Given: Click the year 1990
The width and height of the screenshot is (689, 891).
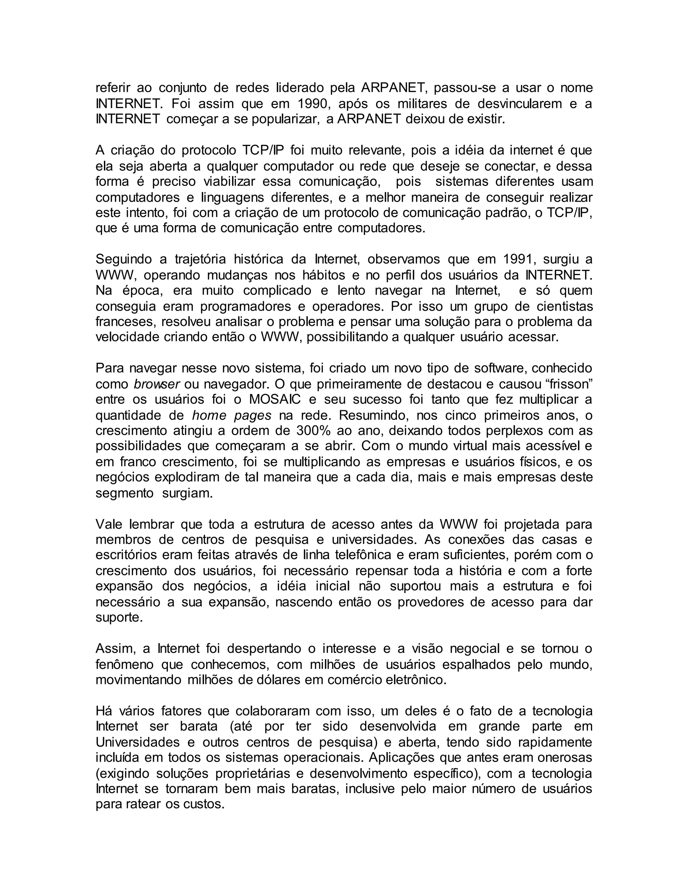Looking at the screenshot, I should pos(312,104).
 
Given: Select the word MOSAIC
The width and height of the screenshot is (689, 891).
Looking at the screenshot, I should pos(275,399).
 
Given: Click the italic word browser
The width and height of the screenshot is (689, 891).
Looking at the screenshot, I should pos(157,384).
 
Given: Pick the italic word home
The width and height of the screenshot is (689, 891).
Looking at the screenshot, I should pos(209,415).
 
